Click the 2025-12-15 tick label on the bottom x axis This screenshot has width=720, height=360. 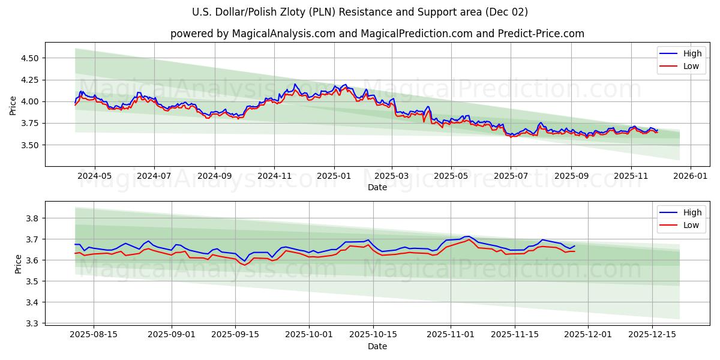coord(652,335)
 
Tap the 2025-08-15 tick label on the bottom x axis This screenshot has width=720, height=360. coord(94,335)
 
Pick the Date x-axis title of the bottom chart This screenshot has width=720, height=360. coord(377,346)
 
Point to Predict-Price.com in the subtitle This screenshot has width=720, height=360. coord(541,34)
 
